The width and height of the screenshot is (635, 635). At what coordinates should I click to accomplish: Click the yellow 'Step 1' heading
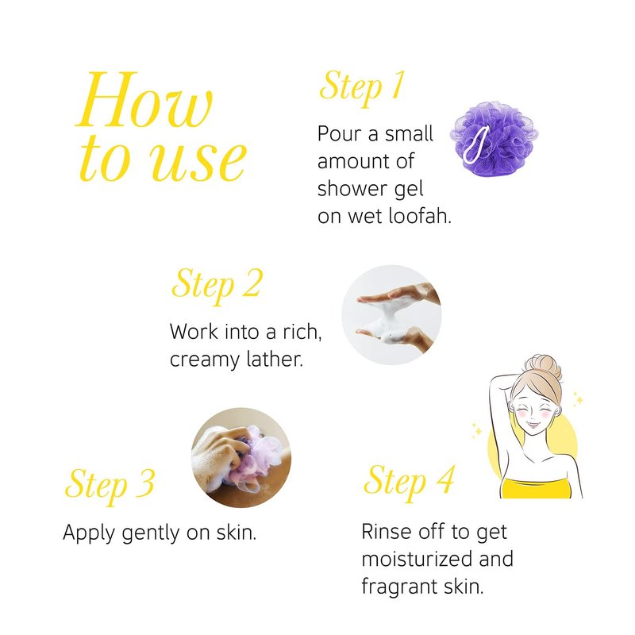362,88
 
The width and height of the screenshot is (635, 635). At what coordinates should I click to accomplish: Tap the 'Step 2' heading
217,286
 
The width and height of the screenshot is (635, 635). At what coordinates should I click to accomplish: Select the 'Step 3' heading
110,485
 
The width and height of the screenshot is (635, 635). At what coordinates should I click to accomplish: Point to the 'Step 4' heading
409,482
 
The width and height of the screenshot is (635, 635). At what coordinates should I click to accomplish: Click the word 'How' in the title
144,100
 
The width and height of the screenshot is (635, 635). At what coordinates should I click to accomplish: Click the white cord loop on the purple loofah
475,145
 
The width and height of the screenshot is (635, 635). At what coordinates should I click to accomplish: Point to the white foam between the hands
388,318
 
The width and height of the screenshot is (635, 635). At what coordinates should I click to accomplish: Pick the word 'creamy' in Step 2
199,360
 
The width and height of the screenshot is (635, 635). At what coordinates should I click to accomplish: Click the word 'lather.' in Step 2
269,358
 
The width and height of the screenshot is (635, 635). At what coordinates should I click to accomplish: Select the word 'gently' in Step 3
150,533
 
